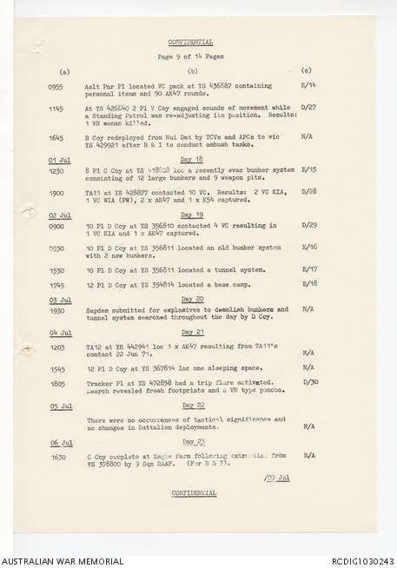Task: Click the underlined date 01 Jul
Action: (x=60, y=160)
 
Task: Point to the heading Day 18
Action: (x=191, y=160)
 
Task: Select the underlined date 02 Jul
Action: (x=60, y=215)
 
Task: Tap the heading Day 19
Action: (x=191, y=215)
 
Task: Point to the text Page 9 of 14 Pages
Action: (x=192, y=56)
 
